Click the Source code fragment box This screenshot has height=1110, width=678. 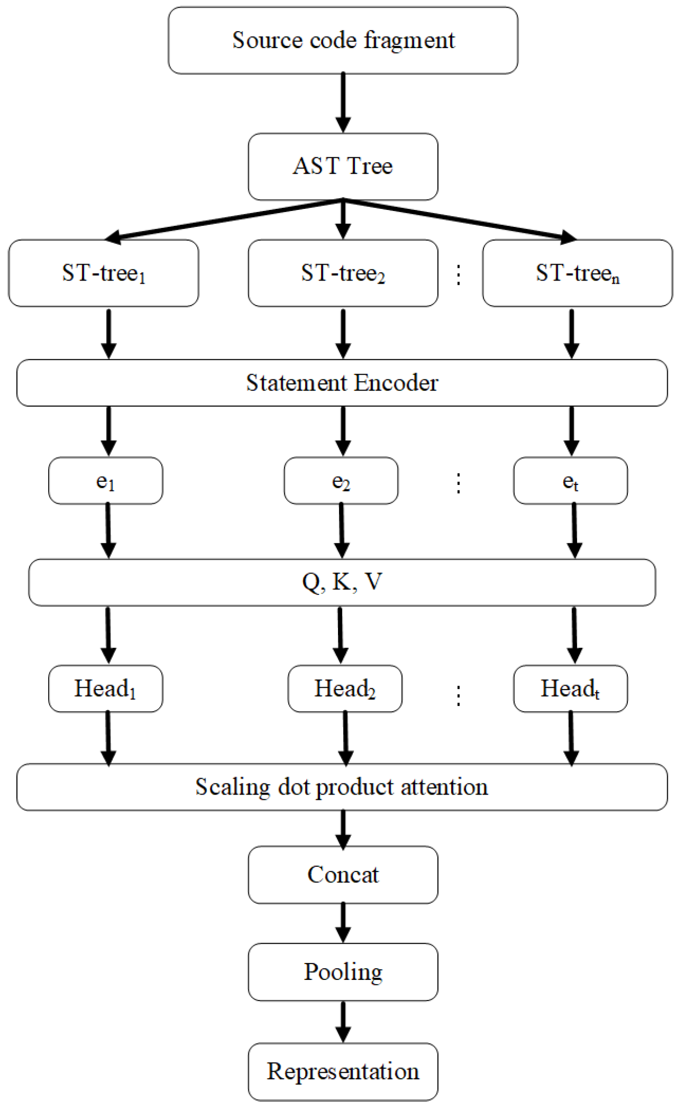point(343,40)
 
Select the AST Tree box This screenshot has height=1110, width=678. point(343,166)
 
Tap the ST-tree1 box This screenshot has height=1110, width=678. point(103,273)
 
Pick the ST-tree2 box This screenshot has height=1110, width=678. point(343,273)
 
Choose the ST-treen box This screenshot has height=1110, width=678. point(577,273)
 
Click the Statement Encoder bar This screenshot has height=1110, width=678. point(342,383)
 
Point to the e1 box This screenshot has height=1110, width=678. point(105,481)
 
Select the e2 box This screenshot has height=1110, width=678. point(341,481)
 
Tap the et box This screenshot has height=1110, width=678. point(570,481)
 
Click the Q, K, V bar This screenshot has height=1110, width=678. point(342,582)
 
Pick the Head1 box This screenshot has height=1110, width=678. point(105,689)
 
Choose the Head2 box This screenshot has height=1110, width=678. point(345,689)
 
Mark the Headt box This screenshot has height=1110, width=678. point(570,689)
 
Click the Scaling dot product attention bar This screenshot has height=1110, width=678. point(342,787)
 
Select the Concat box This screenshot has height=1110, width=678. point(343,874)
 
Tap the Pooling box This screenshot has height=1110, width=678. point(343,972)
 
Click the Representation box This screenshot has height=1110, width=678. point(343,1071)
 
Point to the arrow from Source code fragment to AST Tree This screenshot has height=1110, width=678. point(343,102)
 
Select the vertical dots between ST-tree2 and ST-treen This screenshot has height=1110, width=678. point(459,275)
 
